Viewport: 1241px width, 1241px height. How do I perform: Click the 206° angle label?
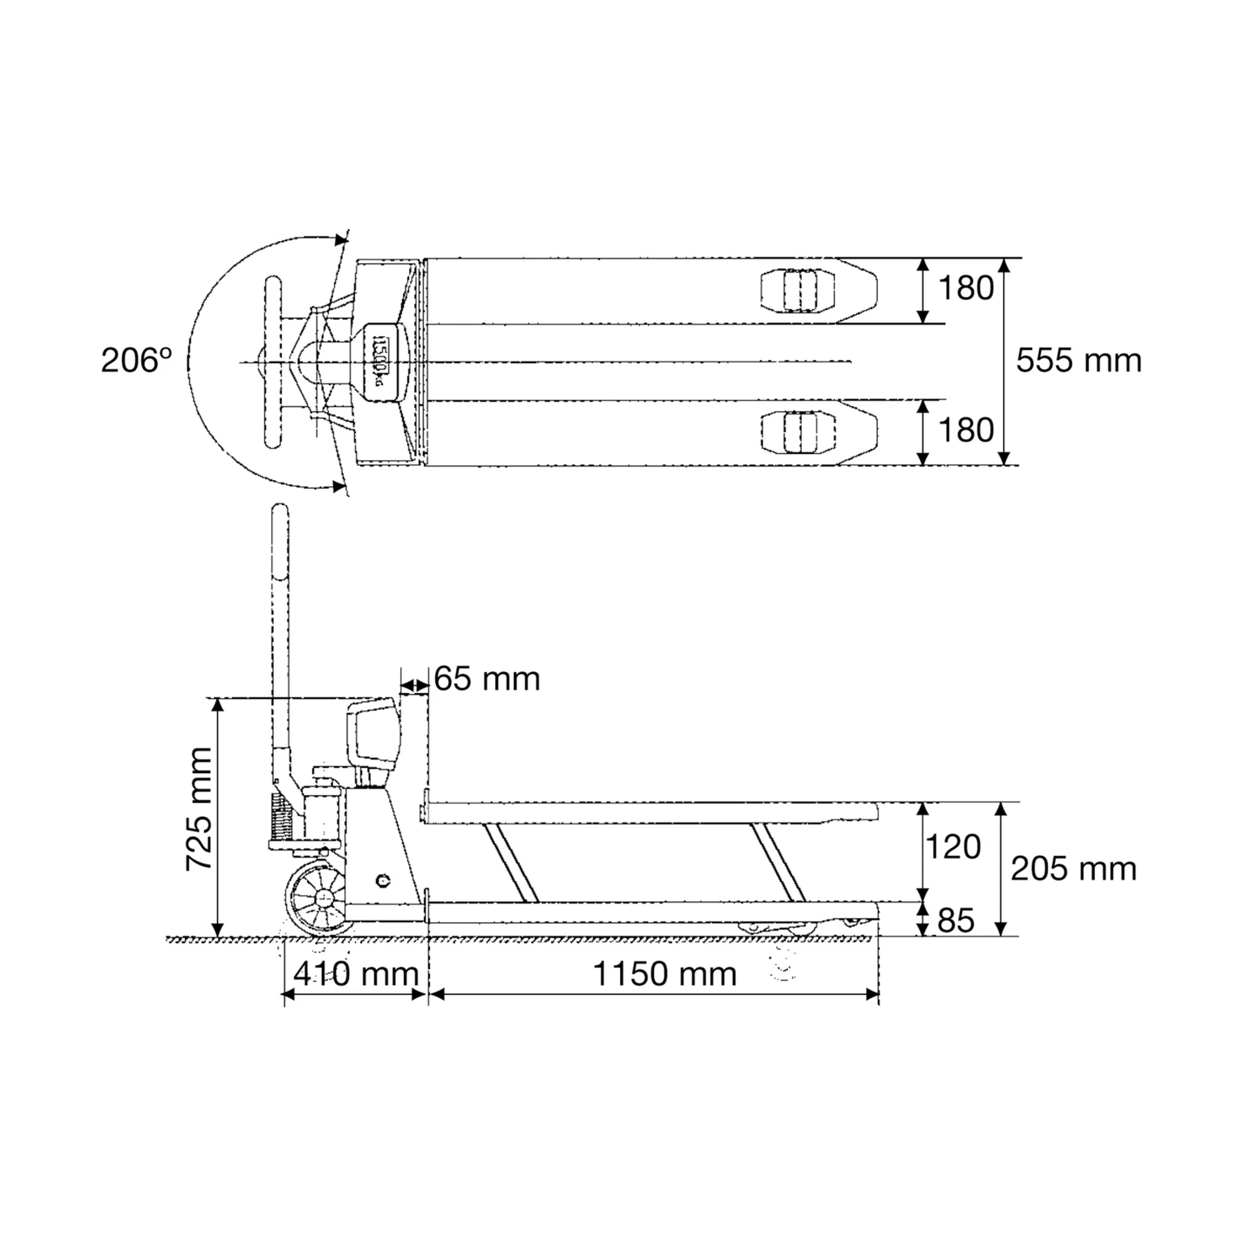[x=136, y=361]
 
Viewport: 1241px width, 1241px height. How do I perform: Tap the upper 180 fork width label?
[x=966, y=288]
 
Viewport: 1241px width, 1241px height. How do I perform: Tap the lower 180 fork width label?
[x=966, y=430]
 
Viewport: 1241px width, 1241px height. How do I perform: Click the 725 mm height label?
[x=199, y=809]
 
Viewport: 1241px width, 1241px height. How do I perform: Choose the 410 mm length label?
[x=356, y=974]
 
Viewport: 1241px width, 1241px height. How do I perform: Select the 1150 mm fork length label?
[x=664, y=974]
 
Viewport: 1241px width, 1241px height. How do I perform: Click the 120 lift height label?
[x=953, y=847]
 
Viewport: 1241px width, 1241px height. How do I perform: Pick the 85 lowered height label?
[x=956, y=920]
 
